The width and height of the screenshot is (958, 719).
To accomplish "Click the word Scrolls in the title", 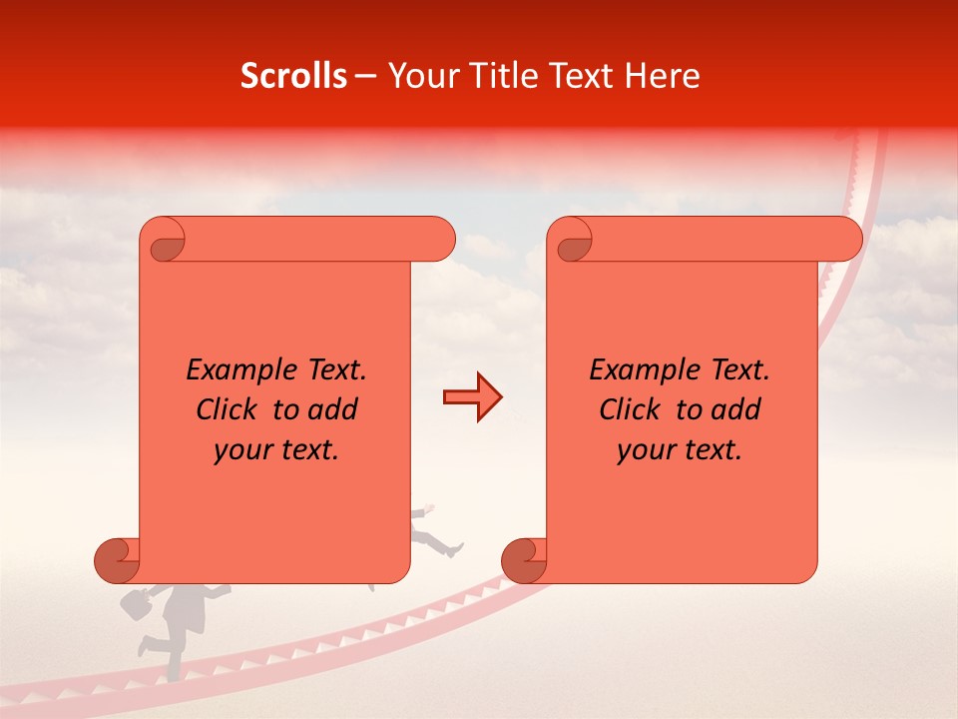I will pyautogui.click(x=293, y=76).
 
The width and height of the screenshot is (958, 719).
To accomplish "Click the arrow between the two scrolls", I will pyautogui.click(x=472, y=397).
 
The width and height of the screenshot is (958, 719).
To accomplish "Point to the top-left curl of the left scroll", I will pyautogui.click(x=164, y=240).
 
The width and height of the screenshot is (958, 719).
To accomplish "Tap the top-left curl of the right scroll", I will pyautogui.click(x=572, y=240).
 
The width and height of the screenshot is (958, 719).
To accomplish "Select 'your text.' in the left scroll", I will pyautogui.click(x=276, y=450).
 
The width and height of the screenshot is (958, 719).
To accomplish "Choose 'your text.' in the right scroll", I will pyautogui.click(x=680, y=450).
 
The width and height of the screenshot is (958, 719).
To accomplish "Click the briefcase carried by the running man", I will pyautogui.click(x=138, y=602).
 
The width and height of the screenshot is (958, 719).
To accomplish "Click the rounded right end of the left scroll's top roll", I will pyautogui.click(x=439, y=240).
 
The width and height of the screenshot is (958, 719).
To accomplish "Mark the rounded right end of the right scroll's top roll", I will pyautogui.click(x=846, y=240).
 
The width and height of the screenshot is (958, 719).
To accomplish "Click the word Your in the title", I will pyautogui.click(x=416, y=76).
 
